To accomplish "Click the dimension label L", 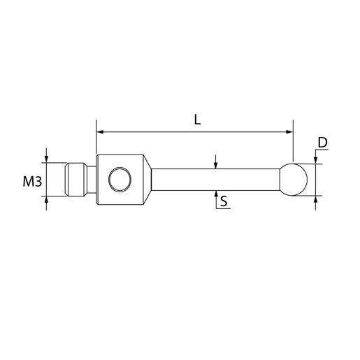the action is coord(197,120).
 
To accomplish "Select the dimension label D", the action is coord(323,143).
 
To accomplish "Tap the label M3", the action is coord(32,182).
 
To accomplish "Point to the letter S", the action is coord(224,201).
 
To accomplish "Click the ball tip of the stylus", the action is coord(294,180).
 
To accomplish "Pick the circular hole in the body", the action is coord(120,179).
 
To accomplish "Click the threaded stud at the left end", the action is coord(76,180).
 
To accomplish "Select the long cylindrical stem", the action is coord(215,180).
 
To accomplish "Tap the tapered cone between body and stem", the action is coord(147,180).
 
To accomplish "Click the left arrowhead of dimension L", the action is coord(100,132).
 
